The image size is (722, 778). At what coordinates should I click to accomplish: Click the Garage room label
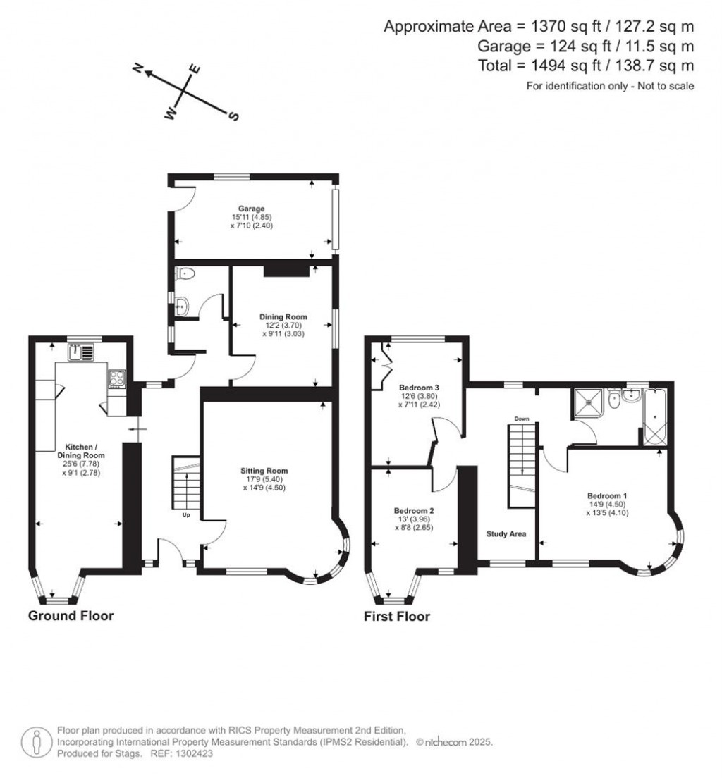(x=251, y=209)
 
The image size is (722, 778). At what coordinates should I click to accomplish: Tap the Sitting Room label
(x=264, y=471)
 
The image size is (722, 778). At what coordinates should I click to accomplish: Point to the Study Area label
(x=506, y=534)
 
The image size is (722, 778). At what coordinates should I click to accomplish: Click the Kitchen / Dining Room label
(x=81, y=451)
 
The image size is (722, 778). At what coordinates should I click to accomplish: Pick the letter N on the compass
(x=138, y=68)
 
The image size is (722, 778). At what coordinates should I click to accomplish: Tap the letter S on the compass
(x=233, y=116)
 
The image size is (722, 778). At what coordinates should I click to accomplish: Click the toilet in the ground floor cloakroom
(x=185, y=273)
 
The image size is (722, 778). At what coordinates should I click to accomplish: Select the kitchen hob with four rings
(x=117, y=378)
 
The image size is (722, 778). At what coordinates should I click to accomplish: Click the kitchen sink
(x=81, y=352)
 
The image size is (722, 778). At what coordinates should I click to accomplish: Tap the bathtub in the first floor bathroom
(x=656, y=416)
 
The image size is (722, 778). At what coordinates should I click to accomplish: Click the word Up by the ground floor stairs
(x=186, y=515)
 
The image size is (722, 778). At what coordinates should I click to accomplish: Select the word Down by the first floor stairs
(x=521, y=419)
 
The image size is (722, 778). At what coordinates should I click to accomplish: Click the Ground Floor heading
(x=71, y=616)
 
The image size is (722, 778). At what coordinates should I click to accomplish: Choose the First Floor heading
(x=397, y=616)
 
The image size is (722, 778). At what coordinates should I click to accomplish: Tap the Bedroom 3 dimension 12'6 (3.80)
(x=419, y=396)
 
